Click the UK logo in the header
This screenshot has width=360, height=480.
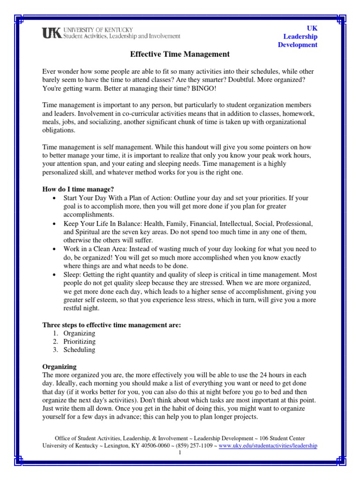coord(52,33)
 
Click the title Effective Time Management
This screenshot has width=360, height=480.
coord(180,54)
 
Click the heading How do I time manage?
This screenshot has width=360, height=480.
coord(78,189)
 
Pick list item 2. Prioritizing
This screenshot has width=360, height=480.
coord(76,342)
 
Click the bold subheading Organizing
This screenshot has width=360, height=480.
coord(60,366)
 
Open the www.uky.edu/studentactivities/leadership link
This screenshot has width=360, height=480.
coord(268,446)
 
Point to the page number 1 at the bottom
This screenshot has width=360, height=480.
coord(180,453)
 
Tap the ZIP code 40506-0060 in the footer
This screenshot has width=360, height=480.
coord(152,446)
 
